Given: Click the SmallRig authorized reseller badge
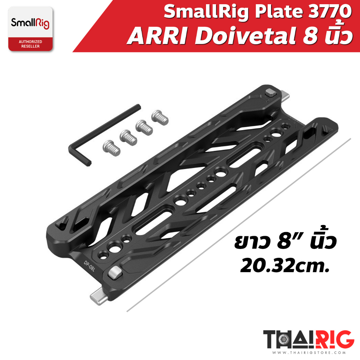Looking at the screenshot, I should [x=31, y=30].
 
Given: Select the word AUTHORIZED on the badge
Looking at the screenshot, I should [x=31, y=41].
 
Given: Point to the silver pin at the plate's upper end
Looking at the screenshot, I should [x=285, y=96].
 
